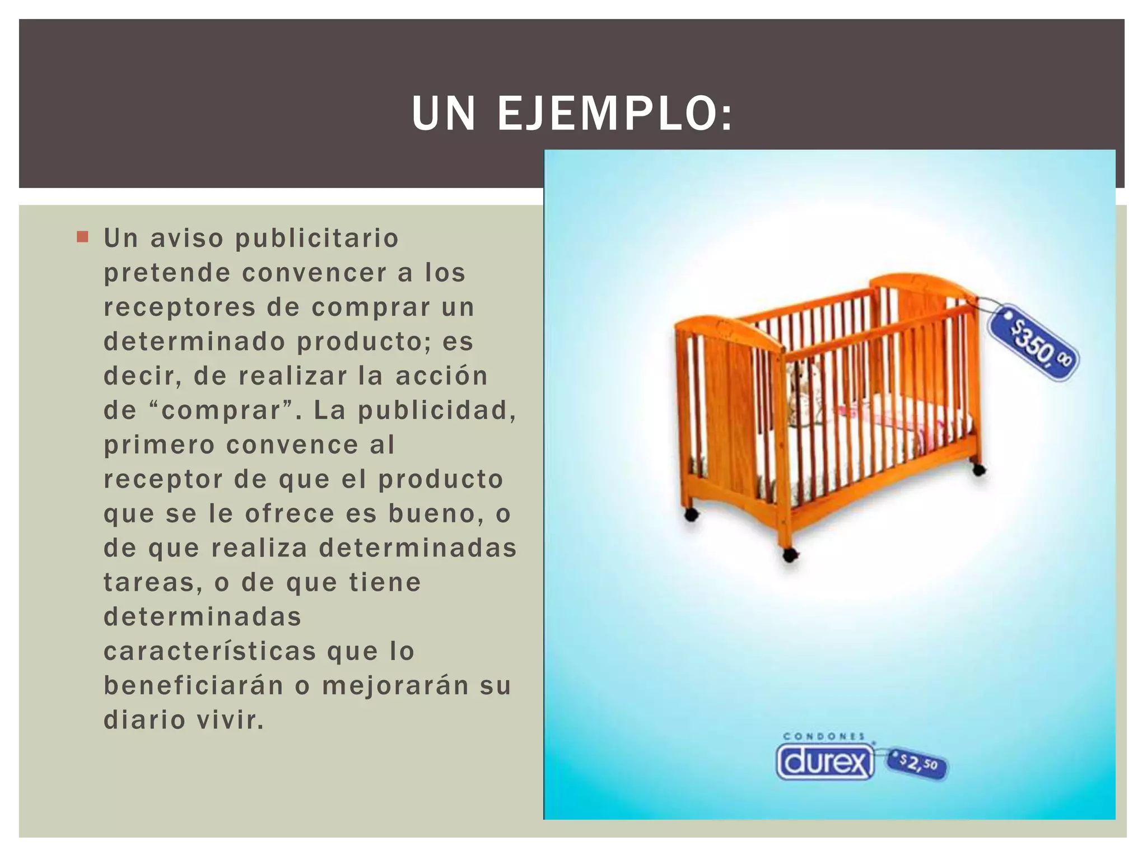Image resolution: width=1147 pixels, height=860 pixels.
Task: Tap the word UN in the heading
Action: tap(443, 114)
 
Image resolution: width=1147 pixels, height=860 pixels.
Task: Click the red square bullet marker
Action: tap(83, 237)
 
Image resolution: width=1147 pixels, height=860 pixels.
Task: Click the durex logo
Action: tap(824, 762)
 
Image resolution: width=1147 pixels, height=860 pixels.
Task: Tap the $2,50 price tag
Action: tap(918, 763)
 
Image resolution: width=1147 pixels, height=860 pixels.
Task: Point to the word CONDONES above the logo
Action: tap(824, 736)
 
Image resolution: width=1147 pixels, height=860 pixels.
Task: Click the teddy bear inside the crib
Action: tap(801, 386)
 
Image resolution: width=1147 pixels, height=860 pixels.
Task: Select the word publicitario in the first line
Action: tap(317, 239)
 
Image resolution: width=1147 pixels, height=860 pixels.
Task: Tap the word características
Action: tap(210, 651)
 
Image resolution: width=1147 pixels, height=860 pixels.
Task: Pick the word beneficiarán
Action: tap(194, 686)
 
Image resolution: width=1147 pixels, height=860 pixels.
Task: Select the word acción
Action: tap(442, 376)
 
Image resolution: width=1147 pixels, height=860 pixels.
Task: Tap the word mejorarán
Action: tap(395, 686)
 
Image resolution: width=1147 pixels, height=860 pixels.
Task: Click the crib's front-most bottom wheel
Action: tap(790, 555)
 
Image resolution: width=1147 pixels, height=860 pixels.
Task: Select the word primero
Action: tap(160, 445)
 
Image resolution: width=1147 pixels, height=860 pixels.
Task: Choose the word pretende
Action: tap(167, 273)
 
